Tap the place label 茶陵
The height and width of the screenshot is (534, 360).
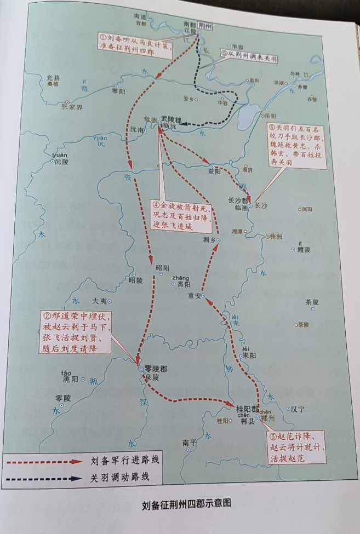312,302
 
